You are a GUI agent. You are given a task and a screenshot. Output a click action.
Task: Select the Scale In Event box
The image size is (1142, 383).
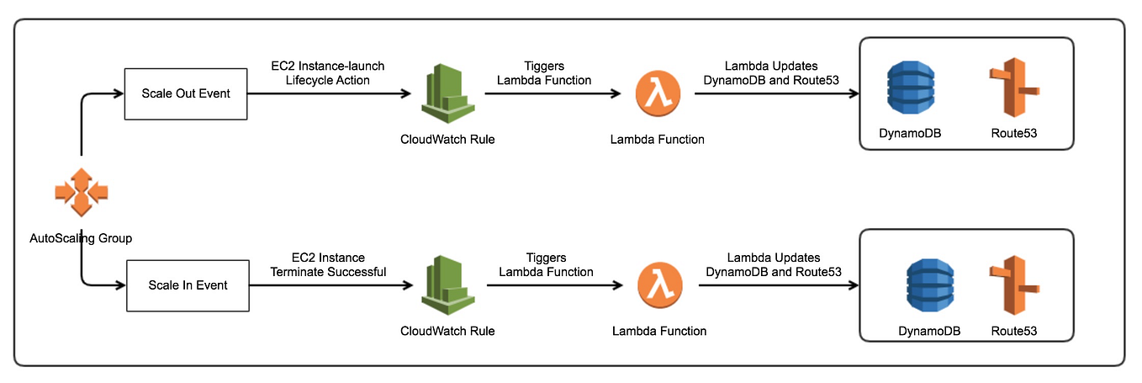[188, 285]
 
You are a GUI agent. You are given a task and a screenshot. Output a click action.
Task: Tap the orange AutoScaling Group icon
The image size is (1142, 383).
[81, 193]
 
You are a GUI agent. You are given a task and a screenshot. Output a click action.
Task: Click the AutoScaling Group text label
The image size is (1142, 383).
[81, 238]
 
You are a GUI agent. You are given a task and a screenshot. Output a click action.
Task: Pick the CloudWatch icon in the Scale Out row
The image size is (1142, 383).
[447, 94]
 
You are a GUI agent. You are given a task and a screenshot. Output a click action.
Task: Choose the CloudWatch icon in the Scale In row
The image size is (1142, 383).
[447, 285]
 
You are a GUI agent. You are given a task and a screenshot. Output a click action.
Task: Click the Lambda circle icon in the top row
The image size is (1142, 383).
[657, 94]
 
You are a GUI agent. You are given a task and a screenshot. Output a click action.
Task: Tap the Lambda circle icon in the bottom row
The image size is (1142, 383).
[658, 285]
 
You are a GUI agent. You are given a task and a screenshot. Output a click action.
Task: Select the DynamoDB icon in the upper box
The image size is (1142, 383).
[910, 89]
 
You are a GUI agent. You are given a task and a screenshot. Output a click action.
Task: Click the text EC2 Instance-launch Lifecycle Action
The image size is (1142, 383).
[327, 73]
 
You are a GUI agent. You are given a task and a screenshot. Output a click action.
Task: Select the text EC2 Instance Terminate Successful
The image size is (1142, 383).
[327, 264]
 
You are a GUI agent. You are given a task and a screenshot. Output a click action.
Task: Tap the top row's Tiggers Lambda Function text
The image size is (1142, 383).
[544, 73]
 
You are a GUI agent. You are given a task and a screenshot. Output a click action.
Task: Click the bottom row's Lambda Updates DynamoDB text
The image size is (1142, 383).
[774, 264]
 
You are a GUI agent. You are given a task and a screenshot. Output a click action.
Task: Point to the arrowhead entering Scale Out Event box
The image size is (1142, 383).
[118, 94]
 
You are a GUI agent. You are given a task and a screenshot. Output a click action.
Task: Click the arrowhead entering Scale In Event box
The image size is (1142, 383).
[119, 285]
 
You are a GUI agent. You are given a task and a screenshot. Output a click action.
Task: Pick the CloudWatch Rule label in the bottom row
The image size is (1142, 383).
[447, 331]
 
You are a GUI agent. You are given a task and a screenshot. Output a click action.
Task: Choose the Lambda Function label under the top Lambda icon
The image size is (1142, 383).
[657, 140]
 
